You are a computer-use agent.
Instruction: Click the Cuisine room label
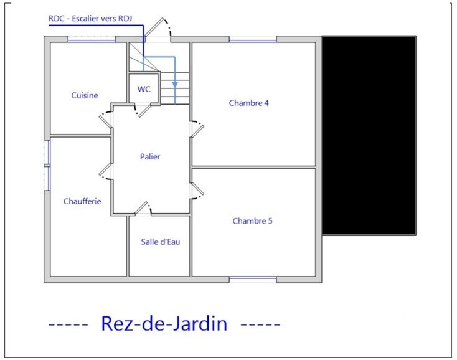tap(85, 95)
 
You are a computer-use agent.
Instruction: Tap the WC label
tap(144, 89)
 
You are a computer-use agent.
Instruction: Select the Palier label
tap(150, 156)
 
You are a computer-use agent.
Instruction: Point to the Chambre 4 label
tap(248, 103)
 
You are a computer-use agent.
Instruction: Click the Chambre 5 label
tap(252, 221)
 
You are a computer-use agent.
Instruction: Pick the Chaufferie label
tap(82, 201)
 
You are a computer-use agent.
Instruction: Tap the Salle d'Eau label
tap(160, 242)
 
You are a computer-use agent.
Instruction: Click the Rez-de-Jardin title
tap(164, 323)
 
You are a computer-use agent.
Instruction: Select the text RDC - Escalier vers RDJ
tap(90, 19)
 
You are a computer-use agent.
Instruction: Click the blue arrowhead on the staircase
tap(175, 85)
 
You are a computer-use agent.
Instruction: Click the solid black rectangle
tap(369, 135)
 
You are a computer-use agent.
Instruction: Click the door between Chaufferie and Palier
tap(105, 171)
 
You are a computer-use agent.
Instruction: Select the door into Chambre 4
tap(197, 128)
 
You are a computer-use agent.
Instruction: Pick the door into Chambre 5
tap(197, 191)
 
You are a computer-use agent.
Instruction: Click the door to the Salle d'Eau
tap(143, 208)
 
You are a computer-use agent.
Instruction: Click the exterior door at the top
tap(158, 29)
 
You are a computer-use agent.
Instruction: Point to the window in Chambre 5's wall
tap(253, 280)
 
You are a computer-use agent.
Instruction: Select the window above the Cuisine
tap(92, 39)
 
